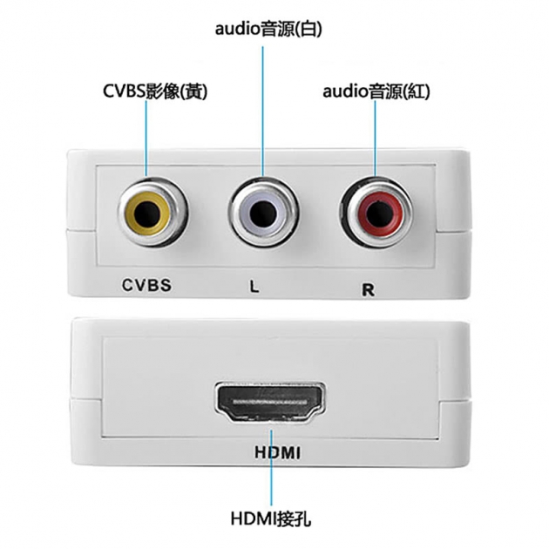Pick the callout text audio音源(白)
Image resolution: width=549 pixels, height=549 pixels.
coord(268,30)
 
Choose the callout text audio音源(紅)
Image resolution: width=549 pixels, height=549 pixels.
coord(376,91)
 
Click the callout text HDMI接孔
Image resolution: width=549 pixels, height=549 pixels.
coord(271,519)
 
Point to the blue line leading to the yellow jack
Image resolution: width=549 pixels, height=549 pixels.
coord(146,139)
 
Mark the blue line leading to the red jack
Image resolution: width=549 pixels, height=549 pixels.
coord(375,139)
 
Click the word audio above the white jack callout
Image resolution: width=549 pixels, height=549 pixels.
coord(237,30)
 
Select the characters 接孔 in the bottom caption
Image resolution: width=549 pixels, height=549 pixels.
coord(296,519)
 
